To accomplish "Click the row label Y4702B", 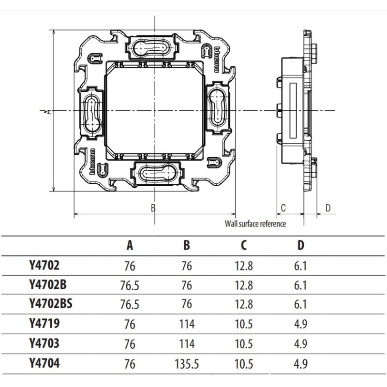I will pyautogui.click(x=47, y=285).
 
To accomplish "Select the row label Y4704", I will pyautogui.click(x=45, y=363).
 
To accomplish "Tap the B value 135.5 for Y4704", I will pyautogui.click(x=186, y=363).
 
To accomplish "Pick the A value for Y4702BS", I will pyautogui.click(x=130, y=304).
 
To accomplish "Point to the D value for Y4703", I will pyautogui.click(x=300, y=343).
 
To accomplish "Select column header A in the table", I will pyautogui.click(x=130, y=245).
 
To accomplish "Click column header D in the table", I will pyautogui.click(x=301, y=245).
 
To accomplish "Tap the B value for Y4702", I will pyautogui.click(x=186, y=266).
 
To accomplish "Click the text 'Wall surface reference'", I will pyautogui.click(x=255, y=223).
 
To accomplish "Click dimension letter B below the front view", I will pyautogui.click(x=153, y=208).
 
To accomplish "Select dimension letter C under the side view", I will pyautogui.click(x=283, y=208).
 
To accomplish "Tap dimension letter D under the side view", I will pyautogui.click(x=327, y=208).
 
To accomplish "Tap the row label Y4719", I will pyautogui.click(x=44, y=324).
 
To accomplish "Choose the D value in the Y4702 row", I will pyautogui.click(x=300, y=266).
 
